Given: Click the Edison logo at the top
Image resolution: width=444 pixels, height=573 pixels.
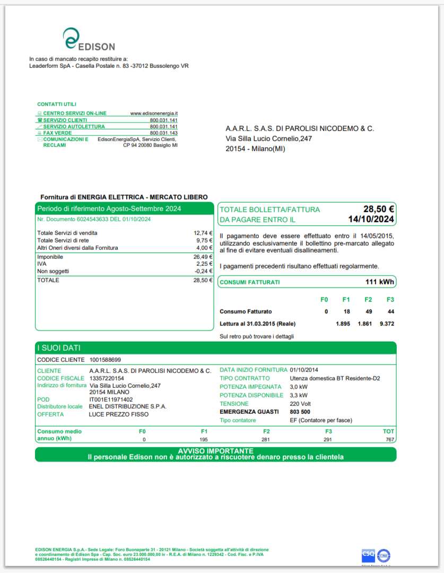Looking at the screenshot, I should [x=89, y=40].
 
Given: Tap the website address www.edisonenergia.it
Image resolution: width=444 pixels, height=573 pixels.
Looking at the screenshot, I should [x=154, y=114].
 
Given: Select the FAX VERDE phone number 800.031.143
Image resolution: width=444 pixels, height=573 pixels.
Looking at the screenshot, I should [x=163, y=133].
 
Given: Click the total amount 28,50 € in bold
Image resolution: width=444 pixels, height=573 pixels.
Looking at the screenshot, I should [x=378, y=209].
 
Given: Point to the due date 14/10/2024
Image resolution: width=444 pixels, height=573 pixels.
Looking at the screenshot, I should [x=371, y=219].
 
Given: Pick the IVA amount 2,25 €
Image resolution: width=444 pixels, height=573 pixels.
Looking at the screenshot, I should [x=204, y=264].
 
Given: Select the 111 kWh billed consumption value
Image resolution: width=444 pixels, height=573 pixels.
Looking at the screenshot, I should [x=379, y=282].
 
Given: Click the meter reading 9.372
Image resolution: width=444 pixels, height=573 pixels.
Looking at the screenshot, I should [x=387, y=324].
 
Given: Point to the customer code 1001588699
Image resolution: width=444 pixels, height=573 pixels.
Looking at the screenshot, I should [x=105, y=360].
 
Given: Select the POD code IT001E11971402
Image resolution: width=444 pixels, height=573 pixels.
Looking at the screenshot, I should [x=111, y=400].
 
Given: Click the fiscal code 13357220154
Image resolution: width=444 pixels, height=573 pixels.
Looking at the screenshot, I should [x=106, y=378].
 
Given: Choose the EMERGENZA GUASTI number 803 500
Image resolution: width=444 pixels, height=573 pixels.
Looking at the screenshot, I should [x=300, y=412].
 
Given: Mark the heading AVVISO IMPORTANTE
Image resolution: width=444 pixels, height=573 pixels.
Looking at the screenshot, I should [x=215, y=451].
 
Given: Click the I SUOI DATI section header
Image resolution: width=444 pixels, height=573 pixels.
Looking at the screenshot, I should [x=58, y=348].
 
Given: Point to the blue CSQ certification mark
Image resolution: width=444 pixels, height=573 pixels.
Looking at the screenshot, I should [x=368, y=554].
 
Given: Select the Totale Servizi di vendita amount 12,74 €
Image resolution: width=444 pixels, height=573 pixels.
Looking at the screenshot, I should [x=203, y=233].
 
